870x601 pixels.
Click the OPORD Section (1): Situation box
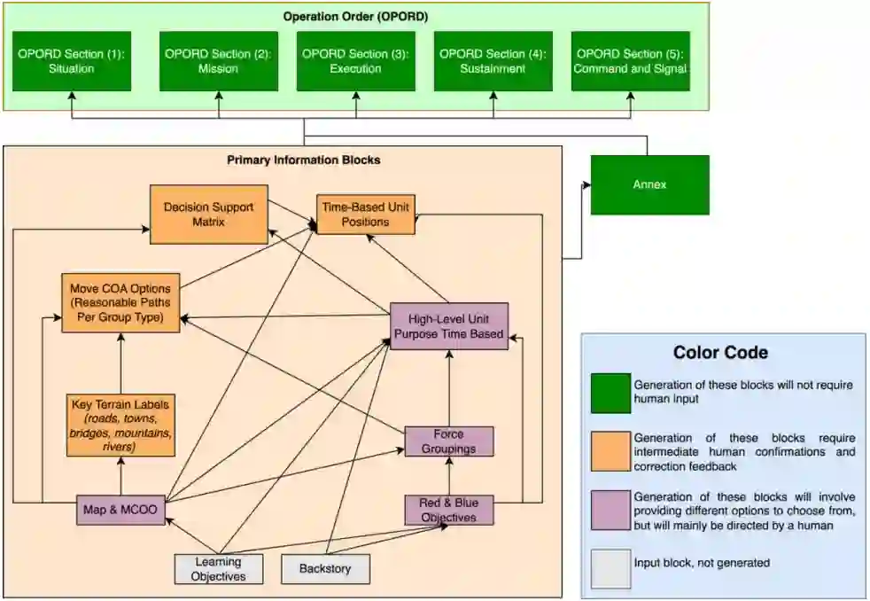72,61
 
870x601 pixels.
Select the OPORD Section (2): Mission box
218,61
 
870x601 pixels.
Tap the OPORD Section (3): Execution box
355,61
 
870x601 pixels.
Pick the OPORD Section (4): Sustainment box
493,61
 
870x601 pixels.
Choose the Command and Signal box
630,61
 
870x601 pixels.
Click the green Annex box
649,185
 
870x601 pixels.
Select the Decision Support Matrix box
209,215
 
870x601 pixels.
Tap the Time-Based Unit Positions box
365,215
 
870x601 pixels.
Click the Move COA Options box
120,302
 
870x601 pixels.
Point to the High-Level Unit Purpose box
449,326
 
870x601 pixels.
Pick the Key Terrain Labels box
120,425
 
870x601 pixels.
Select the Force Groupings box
448,441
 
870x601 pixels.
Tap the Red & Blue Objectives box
448,510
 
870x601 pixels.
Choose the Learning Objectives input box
219,568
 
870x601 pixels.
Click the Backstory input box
325,568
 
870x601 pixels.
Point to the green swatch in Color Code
611,393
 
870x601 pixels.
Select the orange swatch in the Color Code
611,451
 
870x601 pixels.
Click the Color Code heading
720,353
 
